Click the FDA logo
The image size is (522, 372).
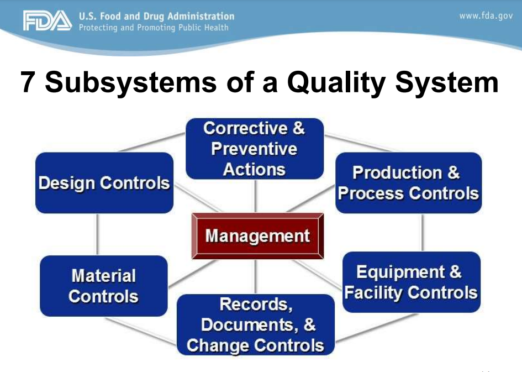click(x=48, y=20)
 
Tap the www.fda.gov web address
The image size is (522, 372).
click(x=486, y=15)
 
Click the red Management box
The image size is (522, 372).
click(x=257, y=236)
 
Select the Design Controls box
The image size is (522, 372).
click(x=104, y=183)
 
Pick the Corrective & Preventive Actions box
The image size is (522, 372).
click(x=255, y=149)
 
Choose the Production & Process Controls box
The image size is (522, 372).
click(x=408, y=183)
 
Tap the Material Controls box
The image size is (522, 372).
click(x=103, y=286)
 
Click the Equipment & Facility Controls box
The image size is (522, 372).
click(x=411, y=282)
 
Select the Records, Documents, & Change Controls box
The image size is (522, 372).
click(x=256, y=324)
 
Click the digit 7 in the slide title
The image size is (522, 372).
click(x=28, y=82)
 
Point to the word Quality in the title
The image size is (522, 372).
click(x=336, y=82)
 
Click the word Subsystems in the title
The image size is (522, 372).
click(x=131, y=82)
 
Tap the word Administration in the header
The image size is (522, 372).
click(x=201, y=16)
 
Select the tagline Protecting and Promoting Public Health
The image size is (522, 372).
click(x=154, y=27)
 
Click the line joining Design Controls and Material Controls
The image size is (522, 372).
click(x=97, y=234)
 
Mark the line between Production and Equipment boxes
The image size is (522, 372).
click(x=423, y=233)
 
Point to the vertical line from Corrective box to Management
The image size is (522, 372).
click(x=255, y=196)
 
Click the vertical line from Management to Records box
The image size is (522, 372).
click(x=255, y=276)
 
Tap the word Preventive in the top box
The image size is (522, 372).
click(x=254, y=149)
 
